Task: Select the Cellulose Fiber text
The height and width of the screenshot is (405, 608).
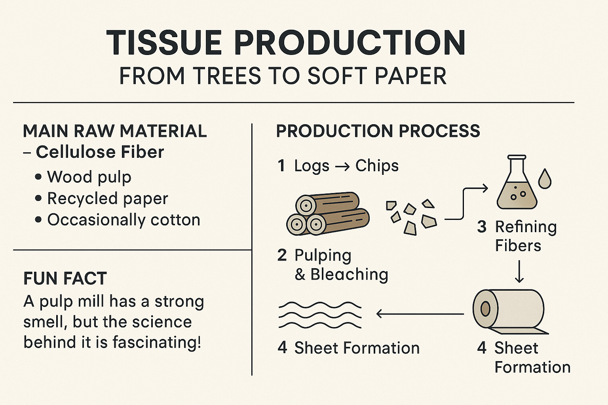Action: (100, 152)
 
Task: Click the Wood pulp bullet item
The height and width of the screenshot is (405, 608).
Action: (89, 177)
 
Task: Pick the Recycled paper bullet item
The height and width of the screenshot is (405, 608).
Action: (107, 199)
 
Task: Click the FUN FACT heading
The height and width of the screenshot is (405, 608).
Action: (65, 278)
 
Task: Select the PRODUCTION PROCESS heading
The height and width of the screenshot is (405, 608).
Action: (378, 131)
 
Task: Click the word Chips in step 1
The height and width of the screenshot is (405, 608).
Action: (377, 166)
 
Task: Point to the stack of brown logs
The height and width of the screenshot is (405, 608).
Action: (328, 214)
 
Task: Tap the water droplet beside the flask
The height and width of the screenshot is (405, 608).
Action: (545, 179)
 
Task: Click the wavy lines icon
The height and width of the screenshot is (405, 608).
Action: (320, 315)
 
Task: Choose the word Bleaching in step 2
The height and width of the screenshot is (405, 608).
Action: (349, 274)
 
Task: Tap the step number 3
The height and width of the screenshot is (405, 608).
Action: (482, 227)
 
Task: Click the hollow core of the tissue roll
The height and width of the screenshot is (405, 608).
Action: (485, 308)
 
